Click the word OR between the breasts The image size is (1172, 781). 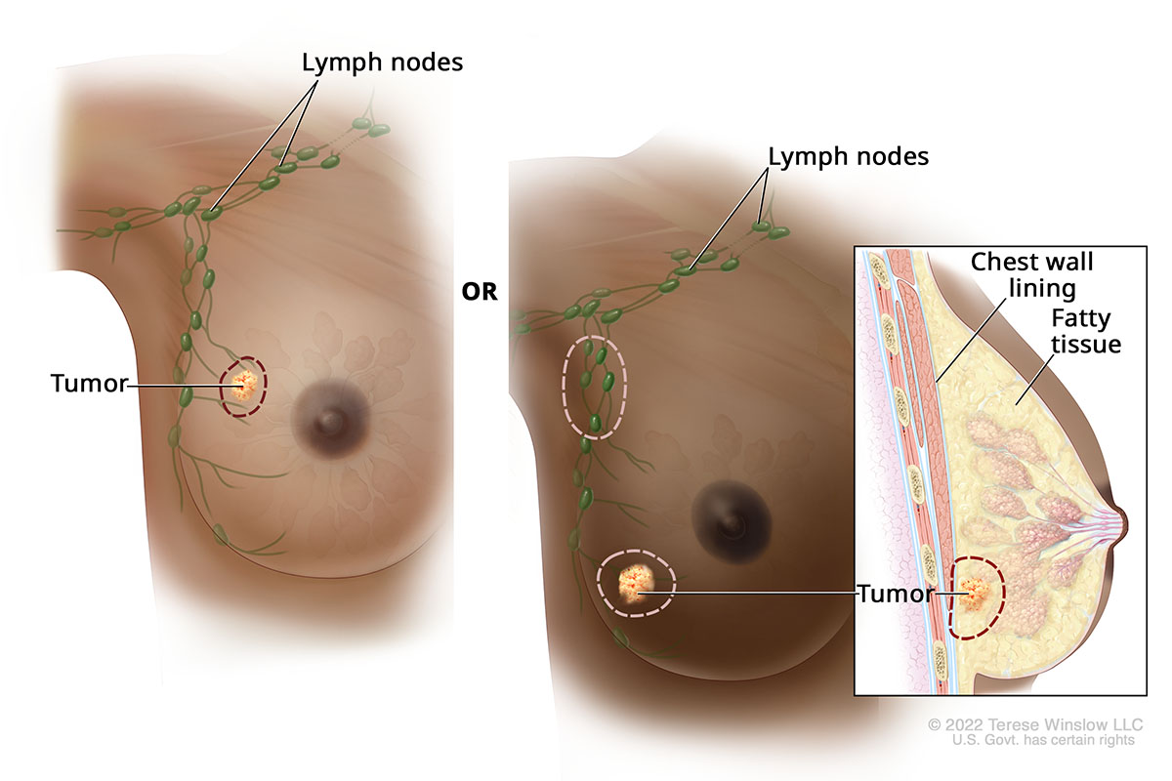tap(479, 292)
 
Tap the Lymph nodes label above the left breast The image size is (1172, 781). tap(382, 62)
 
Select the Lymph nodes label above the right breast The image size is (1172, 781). tap(848, 155)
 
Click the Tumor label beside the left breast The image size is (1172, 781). tap(89, 385)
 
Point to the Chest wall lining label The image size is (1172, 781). tap(1030, 275)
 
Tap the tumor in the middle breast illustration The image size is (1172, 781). tap(635, 585)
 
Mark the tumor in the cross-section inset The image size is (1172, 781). tap(975, 594)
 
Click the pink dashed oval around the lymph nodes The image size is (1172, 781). tap(564, 388)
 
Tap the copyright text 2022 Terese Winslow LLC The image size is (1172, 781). tap(1034, 725)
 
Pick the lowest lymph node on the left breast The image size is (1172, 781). tap(221, 534)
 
